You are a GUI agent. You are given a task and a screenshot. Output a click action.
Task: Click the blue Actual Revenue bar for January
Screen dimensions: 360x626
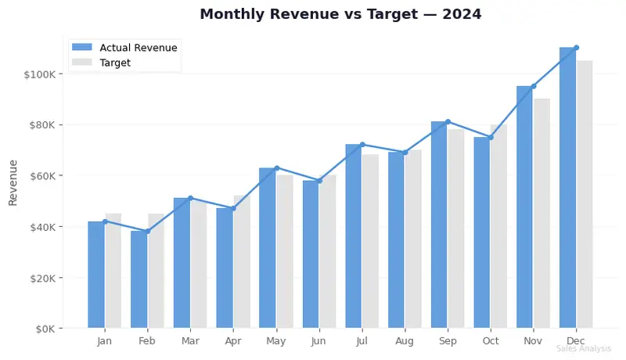(96, 274)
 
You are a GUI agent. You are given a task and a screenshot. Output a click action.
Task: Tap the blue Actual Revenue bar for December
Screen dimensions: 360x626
(567, 188)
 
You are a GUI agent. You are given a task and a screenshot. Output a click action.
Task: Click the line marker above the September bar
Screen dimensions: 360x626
(448, 121)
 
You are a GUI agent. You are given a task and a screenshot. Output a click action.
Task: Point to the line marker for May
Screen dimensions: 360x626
(276, 167)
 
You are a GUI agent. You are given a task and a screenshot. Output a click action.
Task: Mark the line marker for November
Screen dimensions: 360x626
(533, 86)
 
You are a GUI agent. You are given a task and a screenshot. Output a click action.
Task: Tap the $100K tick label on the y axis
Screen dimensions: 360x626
(39, 74)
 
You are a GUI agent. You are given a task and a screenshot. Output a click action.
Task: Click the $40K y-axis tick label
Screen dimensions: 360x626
(41, 227)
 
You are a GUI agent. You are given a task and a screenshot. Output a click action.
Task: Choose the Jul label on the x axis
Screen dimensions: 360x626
(362, 342)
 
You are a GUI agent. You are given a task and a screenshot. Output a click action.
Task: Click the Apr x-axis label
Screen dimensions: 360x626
(233, 342)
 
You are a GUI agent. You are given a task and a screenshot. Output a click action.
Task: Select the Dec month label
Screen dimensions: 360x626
(576, 342)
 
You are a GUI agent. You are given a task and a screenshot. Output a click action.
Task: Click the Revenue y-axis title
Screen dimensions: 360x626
(13, 182)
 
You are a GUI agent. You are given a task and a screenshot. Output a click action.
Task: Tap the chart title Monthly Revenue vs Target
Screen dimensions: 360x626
(340, 14)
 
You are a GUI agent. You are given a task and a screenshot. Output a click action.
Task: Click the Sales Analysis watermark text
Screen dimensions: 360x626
(584, 349)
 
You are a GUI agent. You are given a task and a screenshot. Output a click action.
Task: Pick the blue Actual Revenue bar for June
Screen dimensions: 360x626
(311, 254)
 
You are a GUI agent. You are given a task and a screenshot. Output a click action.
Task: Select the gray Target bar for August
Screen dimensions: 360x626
(413, 239)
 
